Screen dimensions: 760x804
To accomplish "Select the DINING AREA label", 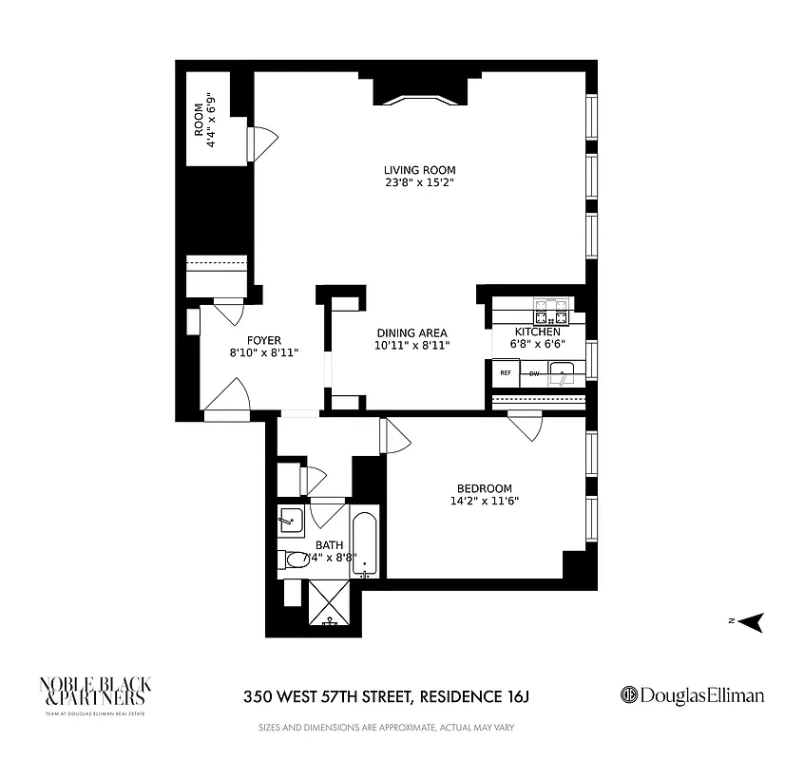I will coord(412,332).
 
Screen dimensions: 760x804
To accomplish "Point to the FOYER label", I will coord(263,339).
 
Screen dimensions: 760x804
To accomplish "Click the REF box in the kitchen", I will coord(505,372).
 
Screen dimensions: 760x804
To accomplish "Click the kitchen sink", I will coord(566,373).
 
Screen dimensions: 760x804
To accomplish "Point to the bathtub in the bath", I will coord(365,546).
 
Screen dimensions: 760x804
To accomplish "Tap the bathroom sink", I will coord(290,520).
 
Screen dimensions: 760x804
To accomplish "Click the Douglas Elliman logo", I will coord(691,695).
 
